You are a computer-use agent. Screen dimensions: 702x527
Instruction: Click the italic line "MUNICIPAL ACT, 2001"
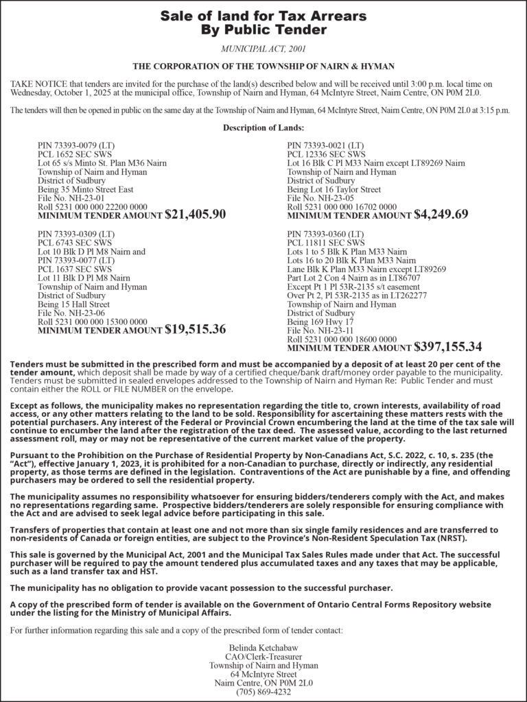tap(263, 49)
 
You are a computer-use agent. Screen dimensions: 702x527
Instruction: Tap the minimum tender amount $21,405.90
tap(196, 215)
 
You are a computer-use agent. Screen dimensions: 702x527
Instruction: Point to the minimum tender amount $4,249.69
tap(441, 215)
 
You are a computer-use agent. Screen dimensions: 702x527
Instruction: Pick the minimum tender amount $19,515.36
tap(196, 330)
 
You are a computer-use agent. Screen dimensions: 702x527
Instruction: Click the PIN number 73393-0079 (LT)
tap(75, 146)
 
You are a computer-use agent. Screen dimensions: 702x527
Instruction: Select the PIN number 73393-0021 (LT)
tap(325, 146)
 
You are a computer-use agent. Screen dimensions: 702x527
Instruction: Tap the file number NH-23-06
tap(75, 313)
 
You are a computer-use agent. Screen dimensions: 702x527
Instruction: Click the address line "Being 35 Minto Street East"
tap(85, 189)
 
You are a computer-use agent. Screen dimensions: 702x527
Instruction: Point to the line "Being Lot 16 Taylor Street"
tap(333, 189)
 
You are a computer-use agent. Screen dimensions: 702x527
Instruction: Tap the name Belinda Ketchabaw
tap(263, 648)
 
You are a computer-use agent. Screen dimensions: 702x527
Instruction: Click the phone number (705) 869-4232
tap(263, 692)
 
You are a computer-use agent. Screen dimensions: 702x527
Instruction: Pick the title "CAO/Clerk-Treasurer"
tap(263, 657)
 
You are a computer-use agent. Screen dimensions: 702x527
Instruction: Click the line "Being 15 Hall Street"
tap(73, 304)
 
